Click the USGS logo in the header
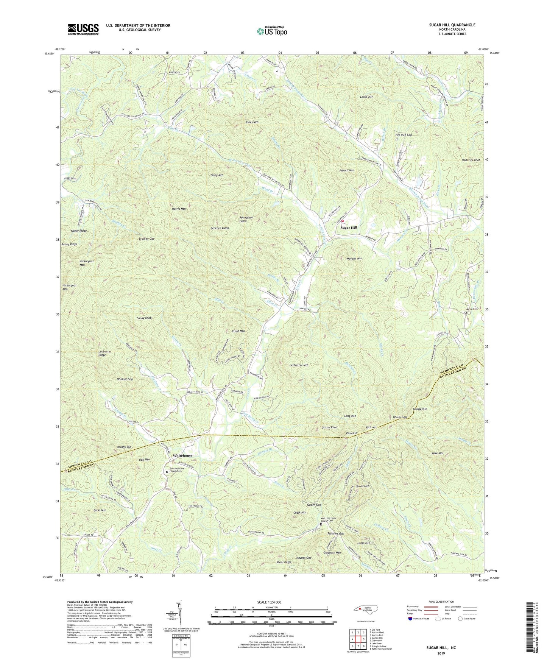(x=83, y=29)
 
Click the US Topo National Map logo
(x=271, y=31)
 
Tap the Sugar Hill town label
(x=348, y=228)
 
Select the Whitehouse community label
(x=182, y=455)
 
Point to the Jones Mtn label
(x=252, y=122)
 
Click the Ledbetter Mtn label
(x=299, y=365)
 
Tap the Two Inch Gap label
(x=403, y=135)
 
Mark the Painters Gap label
(x=336, y=533)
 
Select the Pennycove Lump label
(x=248, y=219)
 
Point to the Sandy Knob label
(x=144, y=318)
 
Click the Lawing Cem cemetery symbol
(x=466, y=313)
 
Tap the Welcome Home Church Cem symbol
(x=321, y=525)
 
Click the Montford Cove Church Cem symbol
(x=167, y=472)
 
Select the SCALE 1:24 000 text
(x=271, y=602)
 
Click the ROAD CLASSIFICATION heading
(x=441, y=602)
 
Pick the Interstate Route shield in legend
(x=411, y=619)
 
